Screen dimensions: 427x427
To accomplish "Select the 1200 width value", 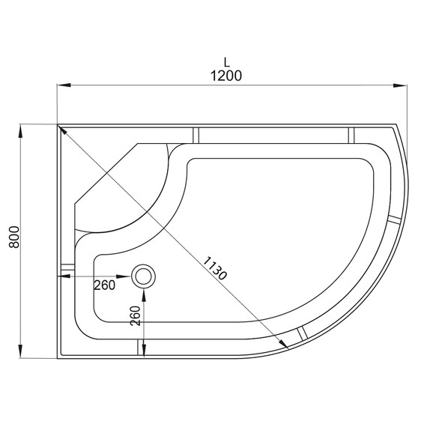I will click(225, 77).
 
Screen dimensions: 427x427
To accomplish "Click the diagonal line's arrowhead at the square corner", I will click(61, 130).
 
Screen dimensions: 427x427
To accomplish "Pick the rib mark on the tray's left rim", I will click(67, 267).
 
